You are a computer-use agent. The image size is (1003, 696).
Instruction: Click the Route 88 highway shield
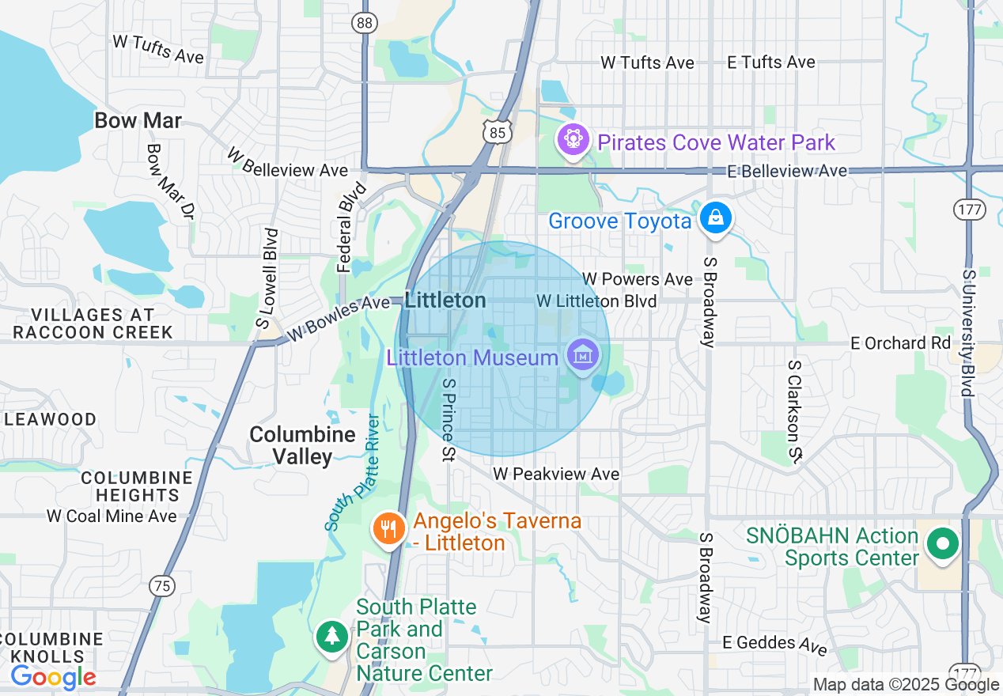coord(364,23)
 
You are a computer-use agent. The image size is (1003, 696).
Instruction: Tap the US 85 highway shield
coord(497,132)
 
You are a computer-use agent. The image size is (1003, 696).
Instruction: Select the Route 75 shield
coord(161,586)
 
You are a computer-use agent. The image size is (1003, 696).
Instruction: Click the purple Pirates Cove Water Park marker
coord(573,140)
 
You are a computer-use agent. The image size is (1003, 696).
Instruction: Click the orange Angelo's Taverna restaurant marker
coord(388,528)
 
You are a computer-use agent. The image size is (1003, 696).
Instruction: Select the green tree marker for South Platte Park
coord(331,636)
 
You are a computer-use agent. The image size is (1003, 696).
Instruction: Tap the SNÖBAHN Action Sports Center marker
coord(942,544)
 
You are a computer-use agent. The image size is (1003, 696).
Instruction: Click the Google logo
coord(53,677)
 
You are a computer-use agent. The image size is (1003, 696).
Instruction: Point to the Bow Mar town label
coord(138,121)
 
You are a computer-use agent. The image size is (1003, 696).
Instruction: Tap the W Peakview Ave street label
coord(556,474)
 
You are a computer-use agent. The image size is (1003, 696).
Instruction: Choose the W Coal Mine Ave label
coord(112,516)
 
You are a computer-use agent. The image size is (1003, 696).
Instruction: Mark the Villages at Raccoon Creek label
coord(93,323)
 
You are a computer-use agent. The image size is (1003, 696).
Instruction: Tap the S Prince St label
coord(449,418)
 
